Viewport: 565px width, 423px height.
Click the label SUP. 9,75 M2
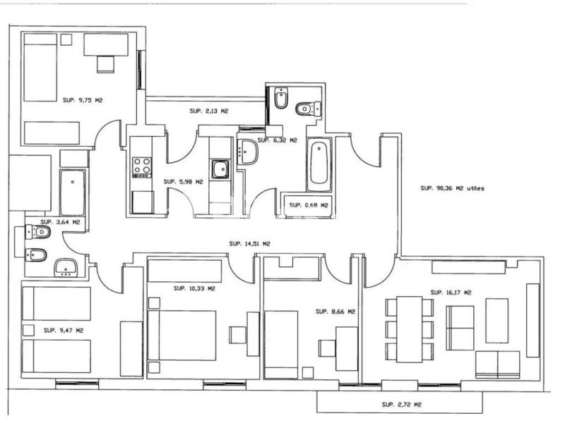point(83,100)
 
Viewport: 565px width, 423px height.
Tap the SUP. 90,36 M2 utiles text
point(452,188)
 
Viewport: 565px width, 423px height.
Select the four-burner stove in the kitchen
point(142,167)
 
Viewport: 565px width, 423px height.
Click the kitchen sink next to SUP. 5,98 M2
point(220,169)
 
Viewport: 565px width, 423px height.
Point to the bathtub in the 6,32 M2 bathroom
point(319,164)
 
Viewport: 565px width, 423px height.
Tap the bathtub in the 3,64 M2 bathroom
point(73,192)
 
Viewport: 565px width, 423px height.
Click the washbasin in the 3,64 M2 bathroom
point(66,268)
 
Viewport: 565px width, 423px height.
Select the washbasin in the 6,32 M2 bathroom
point(248,152)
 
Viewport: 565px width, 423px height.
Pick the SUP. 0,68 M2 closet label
point(309,205)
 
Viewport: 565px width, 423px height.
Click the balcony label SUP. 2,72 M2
point(401,405)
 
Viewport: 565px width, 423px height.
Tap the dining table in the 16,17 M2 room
point(410,329)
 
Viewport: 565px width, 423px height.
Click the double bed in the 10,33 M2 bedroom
point(182,336)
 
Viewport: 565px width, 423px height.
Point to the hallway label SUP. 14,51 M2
point(250,244)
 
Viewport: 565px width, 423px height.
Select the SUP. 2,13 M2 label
point(209,111)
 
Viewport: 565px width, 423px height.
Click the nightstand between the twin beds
point(28,330)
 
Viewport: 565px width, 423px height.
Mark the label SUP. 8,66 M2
point(335,312)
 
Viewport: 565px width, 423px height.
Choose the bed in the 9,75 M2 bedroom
point(40,67)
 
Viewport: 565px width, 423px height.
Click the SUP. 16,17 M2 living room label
point(451,293)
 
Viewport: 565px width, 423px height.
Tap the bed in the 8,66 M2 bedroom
point(281,345)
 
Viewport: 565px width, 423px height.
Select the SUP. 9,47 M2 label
point(64,330)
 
